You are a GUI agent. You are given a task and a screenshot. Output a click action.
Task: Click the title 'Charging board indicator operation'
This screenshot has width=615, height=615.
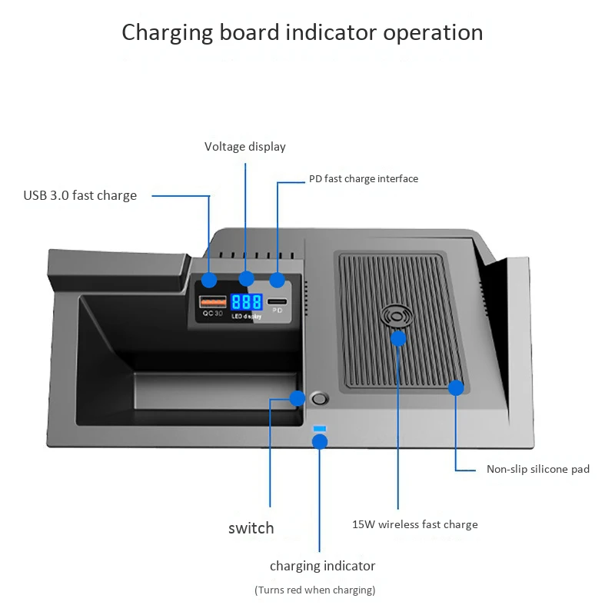tap(302, 33)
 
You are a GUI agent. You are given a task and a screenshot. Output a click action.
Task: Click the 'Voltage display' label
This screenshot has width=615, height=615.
tap(244, 146)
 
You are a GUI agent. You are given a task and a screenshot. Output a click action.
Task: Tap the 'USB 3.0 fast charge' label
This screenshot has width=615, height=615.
tap(80, 195)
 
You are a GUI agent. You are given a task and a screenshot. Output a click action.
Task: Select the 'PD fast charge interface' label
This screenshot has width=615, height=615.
tap(364, 178)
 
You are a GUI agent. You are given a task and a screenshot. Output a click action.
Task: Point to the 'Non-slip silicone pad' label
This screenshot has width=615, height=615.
tap(538, 469)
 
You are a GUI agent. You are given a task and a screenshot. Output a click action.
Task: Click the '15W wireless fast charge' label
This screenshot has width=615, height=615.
tap(415, 524)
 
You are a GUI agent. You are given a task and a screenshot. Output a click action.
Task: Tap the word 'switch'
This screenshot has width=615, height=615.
tap(251, 528)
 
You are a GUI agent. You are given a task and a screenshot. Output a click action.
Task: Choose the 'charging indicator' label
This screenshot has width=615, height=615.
tap(322, 566)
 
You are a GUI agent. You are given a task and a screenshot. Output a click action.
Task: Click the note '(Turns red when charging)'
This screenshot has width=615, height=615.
tap(314, 590)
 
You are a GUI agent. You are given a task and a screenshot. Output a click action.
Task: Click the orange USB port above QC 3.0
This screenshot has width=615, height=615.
tap(208, 301)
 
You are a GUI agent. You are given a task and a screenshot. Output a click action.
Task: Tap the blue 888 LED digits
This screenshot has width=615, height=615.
tap(246, 301)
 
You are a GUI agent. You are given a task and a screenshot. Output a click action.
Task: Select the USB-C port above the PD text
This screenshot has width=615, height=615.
tap(278, 301)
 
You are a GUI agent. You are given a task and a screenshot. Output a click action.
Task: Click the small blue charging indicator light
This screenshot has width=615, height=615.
tap(320, 428)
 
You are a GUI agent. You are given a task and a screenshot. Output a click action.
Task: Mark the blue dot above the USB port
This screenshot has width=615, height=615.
tap(209, 281)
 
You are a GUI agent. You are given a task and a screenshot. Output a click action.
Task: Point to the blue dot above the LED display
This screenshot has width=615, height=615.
tap(246, 279)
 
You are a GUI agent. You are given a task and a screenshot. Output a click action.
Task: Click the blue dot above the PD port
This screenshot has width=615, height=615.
tap(277, 281)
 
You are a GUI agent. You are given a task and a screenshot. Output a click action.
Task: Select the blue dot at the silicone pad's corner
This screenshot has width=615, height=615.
tap(456, 388)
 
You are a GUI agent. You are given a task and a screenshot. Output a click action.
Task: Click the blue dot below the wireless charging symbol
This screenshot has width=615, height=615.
tap(398, 338)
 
